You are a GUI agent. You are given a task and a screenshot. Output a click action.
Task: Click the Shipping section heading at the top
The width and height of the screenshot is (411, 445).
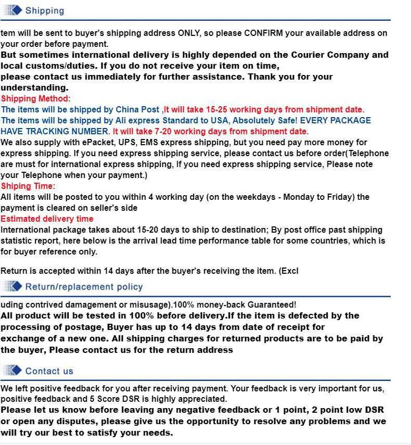[x=44, y=10]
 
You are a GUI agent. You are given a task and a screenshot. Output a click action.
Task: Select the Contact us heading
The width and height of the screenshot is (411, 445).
[x=49, y=371]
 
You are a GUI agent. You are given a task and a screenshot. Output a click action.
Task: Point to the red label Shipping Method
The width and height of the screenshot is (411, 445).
[x=34, y=98]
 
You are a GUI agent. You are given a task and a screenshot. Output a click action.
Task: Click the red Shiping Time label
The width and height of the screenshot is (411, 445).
[x=28, y=186]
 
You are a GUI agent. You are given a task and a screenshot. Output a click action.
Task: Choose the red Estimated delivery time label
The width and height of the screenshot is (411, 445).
[x=47, y=219]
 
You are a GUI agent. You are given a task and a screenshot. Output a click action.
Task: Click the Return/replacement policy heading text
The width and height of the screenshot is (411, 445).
[x=84, y=287]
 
